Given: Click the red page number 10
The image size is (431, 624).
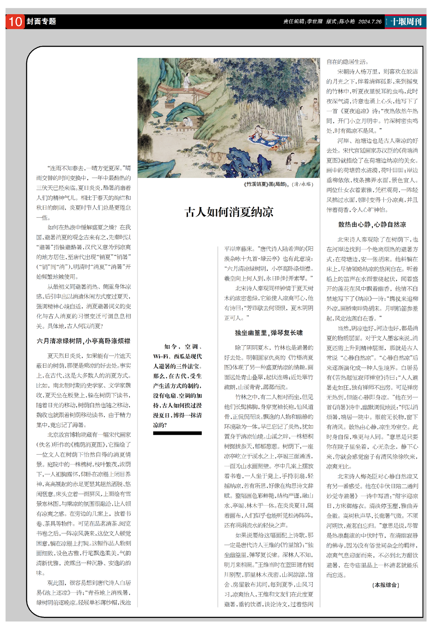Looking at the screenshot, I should [15, 22].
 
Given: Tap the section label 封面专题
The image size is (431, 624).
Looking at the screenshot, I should [41, 22].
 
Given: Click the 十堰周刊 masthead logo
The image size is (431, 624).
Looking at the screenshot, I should [406, 22].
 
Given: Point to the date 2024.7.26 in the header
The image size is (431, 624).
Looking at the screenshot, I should [370, 22].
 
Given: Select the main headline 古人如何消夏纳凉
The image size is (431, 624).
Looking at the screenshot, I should [229, 212].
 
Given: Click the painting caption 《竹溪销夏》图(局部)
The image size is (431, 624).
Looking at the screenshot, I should [266, 184].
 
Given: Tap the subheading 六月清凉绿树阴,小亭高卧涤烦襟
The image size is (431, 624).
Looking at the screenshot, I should [83, 341].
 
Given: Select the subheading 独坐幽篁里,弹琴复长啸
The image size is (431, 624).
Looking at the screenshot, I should [269, 333].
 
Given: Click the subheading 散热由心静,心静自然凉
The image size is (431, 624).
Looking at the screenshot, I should [372, 224].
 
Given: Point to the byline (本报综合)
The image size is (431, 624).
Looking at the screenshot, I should [385, 585].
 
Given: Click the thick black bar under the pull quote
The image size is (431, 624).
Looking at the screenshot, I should [177, 433].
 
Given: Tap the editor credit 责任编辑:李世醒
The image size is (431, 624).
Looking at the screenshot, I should [303, 22].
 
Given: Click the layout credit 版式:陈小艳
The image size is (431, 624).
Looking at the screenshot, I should [340, 22].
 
